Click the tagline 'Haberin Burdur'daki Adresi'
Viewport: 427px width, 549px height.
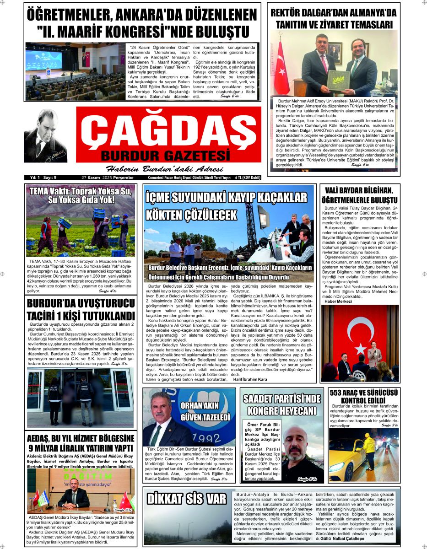pyautogui.click(x=158, y=168)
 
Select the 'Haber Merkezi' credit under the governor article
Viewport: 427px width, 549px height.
pyautogui.click(x=338, y=301)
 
